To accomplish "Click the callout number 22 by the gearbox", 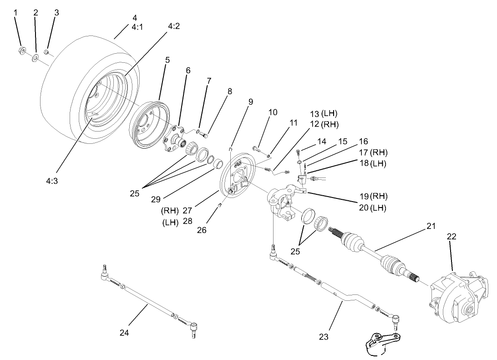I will point(451,237).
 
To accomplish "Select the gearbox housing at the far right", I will point(457,296).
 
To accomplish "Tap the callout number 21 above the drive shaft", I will point(431,225).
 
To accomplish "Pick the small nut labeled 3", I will point(46,51).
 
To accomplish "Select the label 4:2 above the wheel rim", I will point(173,26).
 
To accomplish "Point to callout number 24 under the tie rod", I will point(124,333).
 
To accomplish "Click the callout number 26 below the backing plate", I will point(201,230).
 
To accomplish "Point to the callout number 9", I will point(250,102).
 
